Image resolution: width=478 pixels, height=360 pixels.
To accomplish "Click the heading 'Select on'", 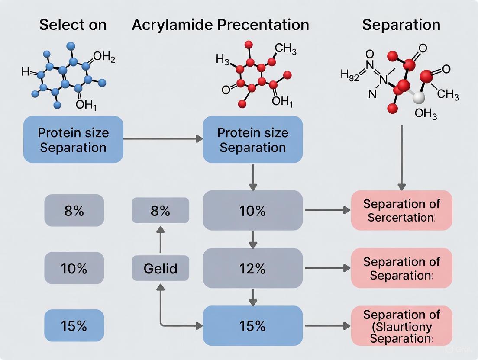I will tap(73, 25).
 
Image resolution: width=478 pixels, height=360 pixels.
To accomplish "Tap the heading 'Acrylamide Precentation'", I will tap(220, 25).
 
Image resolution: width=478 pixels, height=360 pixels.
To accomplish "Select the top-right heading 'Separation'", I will tap(401, 25).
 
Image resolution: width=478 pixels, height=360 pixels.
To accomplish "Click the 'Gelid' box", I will tap(160, 268).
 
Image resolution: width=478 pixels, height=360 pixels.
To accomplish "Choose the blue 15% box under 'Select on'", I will tap(74, 326).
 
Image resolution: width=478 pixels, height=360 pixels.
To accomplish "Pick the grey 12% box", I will tap(253, 268).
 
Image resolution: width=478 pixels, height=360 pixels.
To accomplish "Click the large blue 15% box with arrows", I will tap(253, 326).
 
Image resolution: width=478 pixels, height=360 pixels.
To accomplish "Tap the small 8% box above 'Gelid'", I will tap(160, 211).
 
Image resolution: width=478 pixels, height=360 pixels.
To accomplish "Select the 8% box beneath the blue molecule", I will tap(74, 211).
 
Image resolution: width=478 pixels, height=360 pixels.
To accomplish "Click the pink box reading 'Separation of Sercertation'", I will tap(401, 210).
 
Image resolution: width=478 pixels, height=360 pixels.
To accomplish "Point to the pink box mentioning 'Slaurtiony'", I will tap(401, 326).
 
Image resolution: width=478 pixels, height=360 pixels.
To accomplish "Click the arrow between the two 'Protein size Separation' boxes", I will tap(163, 139).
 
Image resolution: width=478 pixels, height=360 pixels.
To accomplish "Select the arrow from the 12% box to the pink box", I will tap(327, 268).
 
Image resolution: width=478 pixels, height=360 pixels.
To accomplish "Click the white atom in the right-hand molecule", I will tap(418, 97).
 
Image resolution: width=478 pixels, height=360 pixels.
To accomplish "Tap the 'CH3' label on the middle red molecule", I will tap(286, 50).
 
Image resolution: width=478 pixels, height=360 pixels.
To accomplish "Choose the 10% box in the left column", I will tap(74, 268).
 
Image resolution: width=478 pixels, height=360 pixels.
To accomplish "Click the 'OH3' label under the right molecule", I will tap(426, 114).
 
